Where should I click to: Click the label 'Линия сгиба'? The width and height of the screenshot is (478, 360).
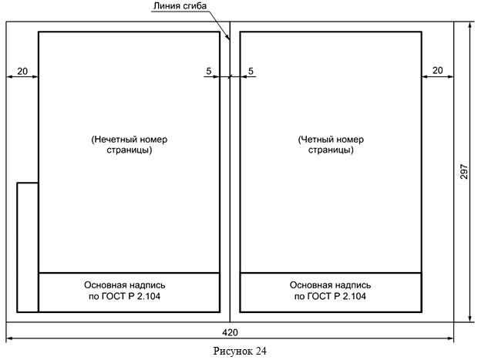pyautogui.click(x=180, y=6)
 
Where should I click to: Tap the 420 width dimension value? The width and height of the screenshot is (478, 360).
pyautogui.click(x=230, y=332)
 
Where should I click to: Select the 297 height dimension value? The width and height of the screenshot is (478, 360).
pyautogui.click(x=464, y=171)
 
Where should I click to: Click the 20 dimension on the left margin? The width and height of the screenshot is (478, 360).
pyautogui.click(x=22, y=72)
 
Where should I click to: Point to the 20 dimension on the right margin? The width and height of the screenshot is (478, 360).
pyautogui.click(x=437, y=70)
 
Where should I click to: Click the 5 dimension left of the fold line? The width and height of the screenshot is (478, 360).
pyautogui.click(x=208, y=71)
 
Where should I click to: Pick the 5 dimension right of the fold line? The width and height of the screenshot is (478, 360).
pyautogui.click(x=251, y=71)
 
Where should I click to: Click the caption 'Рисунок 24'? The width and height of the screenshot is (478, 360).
pyautogui.click(x=240, y=352)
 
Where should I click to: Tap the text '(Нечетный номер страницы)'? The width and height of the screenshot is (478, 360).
pyautogui.click(x=130, y=144)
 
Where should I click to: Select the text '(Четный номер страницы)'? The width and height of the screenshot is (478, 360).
pyautogui.click(x=331, y=144)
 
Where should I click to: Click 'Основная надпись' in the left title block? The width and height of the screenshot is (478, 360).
pyautogui.click(x=125, y=285)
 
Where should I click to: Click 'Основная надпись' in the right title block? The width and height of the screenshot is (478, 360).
pyautogui.click(x=330, y=285)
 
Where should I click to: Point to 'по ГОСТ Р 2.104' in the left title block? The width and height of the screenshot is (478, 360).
pyautogui.click(x=125, y=296)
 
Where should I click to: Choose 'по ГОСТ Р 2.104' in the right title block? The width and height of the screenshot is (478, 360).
pyautogui.click(x=330, y=296)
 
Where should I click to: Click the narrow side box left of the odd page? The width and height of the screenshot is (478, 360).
pyautogui.click(x=17, y=247)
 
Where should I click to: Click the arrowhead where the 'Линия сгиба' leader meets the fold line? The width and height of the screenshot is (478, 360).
pyautogui.click(x=228, y=39)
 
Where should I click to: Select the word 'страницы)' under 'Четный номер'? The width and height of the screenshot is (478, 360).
pyautogui.click(x=331, y=150)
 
